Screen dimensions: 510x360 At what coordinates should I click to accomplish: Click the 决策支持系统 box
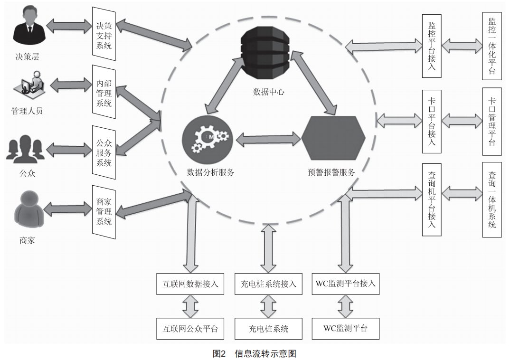coord(104,34)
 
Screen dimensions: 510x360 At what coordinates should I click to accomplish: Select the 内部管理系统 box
coord(104,92)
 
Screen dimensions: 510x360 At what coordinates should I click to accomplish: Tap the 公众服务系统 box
coord(104,152)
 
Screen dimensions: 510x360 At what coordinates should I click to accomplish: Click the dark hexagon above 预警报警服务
coord(333,138)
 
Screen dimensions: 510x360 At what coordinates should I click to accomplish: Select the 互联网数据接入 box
coord(190,284)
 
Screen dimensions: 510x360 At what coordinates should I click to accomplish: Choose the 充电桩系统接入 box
coord(268,284)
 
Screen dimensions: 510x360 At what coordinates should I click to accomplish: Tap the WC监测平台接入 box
coord(346,284)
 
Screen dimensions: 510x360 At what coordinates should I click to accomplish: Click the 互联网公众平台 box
coord(190,329)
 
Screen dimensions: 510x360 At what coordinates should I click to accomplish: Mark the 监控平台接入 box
coord(432,46)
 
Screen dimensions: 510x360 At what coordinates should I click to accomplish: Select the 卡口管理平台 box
coord(492,121)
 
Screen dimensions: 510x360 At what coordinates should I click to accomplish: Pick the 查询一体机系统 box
coord(492,199)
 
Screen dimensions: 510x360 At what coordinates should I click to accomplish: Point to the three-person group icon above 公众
coord(25,149)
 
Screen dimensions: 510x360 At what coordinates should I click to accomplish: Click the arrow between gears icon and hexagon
coord(268,139)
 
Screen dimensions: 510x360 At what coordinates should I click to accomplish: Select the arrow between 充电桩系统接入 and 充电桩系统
coord(268,306)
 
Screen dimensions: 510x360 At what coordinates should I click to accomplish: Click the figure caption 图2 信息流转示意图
coord(255,353)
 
